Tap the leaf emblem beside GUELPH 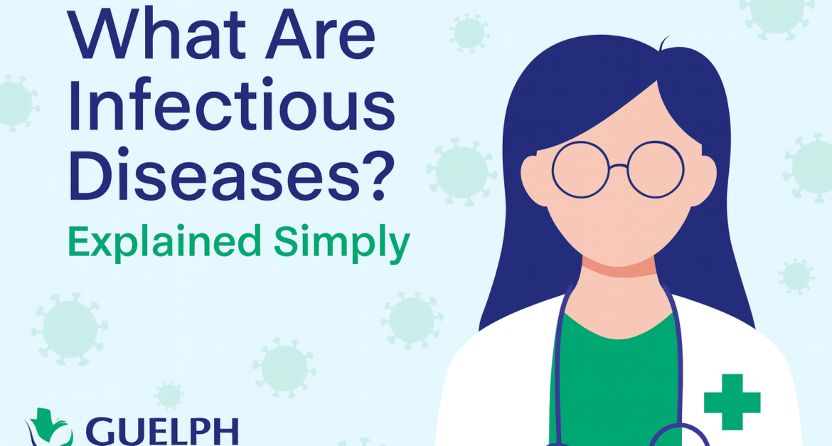point(50,431)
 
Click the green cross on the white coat point(732,401)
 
